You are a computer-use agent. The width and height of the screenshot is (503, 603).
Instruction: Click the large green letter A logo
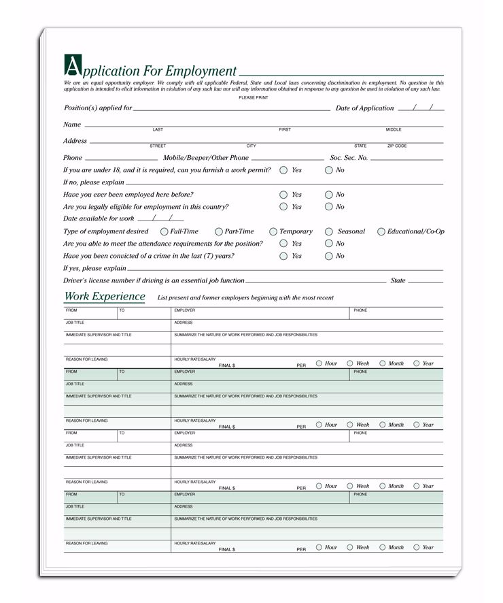click(71, 66)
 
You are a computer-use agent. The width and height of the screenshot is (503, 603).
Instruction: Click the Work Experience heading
click(105, 297)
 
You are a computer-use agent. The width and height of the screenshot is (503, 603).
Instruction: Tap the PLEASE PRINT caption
click(253, 98)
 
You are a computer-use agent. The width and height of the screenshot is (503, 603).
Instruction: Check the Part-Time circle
click(219, 231)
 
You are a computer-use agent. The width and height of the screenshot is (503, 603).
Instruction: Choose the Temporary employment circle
click(273, 231)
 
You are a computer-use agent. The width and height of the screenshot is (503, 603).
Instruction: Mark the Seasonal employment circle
click(329, 231)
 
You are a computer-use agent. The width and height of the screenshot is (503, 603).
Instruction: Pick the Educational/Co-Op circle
click(381, 231)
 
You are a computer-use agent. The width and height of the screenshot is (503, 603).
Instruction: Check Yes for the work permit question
click(283, 170)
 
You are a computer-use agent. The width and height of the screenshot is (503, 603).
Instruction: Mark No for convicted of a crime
click(329, 256)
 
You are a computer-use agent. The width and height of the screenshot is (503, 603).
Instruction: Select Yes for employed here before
click(283, 195)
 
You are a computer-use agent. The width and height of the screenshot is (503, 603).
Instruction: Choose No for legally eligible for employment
click(329, 207)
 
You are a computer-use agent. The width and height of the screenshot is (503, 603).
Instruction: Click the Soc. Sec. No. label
click(349, 158)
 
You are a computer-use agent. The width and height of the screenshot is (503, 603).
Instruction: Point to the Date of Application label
click(364, 108)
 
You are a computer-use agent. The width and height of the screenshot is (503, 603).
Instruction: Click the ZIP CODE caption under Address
click(397, 146)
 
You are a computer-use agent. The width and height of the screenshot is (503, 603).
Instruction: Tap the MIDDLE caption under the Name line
click(394, 129)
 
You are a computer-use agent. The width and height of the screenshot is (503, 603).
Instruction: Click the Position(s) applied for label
click(98, 108)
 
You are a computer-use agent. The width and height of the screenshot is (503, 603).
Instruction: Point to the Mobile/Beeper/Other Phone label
click(206, 158)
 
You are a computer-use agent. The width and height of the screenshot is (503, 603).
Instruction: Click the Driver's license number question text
click(154, 280)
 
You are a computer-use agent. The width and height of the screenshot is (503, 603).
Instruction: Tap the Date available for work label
click(99, 219)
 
